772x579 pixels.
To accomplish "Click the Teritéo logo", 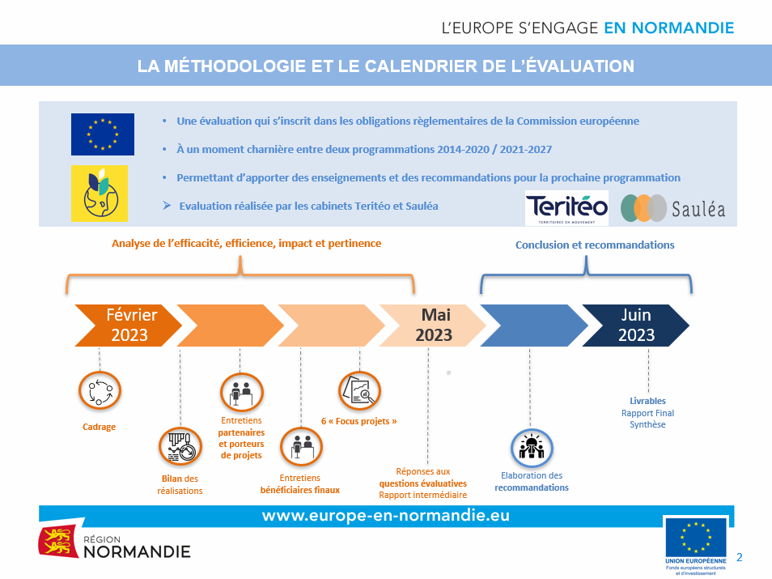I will click(x=566, y=208).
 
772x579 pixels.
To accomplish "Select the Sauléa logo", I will click(x=672, y=208).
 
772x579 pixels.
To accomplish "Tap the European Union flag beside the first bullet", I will click(x=103, y=134).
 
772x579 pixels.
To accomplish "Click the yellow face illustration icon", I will click(x=99, y=194).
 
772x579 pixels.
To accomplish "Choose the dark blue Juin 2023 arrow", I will click(x=635, y=325).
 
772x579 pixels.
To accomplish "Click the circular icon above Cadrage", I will click(x=100, y=390).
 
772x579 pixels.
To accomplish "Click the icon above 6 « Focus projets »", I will click(x=358, y=390).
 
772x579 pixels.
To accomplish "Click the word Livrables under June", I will click(x=647, y=401).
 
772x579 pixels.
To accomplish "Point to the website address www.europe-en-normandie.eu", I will click(x=385, y=516).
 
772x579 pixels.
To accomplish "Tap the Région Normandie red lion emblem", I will click(x=57, y=541).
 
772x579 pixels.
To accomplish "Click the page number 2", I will click(x=740, y=556).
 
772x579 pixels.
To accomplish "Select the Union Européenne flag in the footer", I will click(x=695, y=538).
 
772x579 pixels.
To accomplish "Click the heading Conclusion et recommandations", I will click(x=594, y=245).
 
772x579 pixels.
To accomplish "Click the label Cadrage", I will click(x=99, y=427).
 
